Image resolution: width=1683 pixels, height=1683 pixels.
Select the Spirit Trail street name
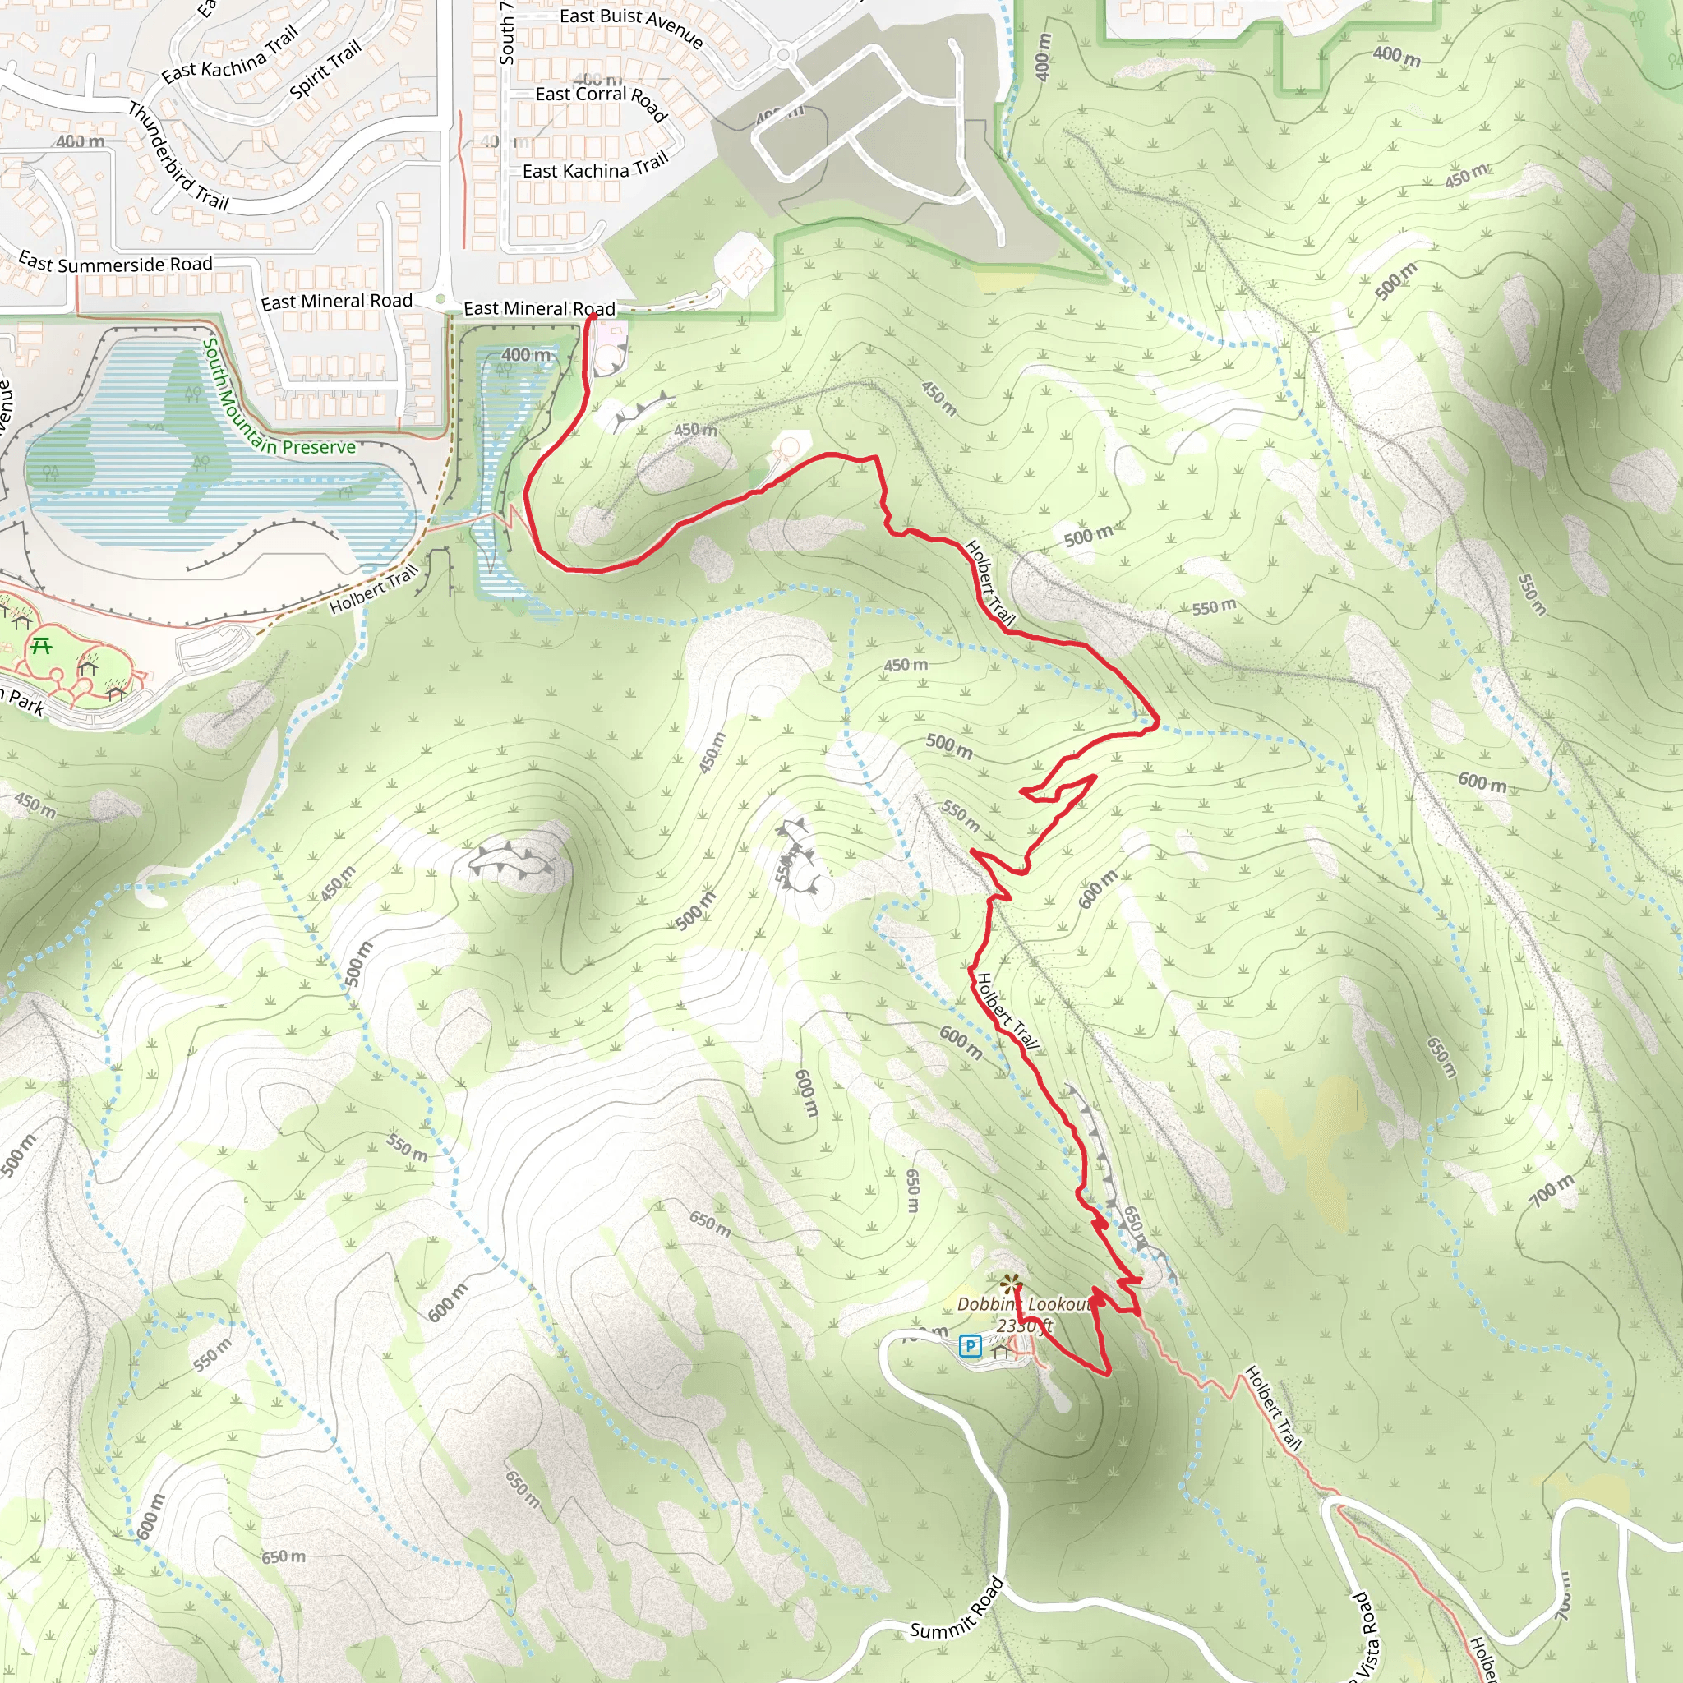pos(325,71)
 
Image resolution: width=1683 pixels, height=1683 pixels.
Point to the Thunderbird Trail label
pos(178,157)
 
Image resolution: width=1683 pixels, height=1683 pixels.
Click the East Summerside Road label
pos(115,263)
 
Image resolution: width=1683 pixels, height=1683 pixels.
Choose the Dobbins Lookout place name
pos(1025,1304)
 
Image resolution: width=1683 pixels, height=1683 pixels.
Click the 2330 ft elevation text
pos(1025,1326)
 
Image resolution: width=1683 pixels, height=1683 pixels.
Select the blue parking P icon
pos(970,1347)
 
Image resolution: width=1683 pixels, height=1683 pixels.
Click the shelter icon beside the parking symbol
pos(1001,1350)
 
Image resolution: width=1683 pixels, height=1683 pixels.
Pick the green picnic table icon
pos(41,645)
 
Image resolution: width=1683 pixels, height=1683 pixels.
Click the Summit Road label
pos(957,1609)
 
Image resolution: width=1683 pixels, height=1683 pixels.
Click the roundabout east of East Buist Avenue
pos(783,55)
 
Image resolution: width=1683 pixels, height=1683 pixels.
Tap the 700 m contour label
pos(1552,1190)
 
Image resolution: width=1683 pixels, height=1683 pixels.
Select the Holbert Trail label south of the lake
pos(374,589)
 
